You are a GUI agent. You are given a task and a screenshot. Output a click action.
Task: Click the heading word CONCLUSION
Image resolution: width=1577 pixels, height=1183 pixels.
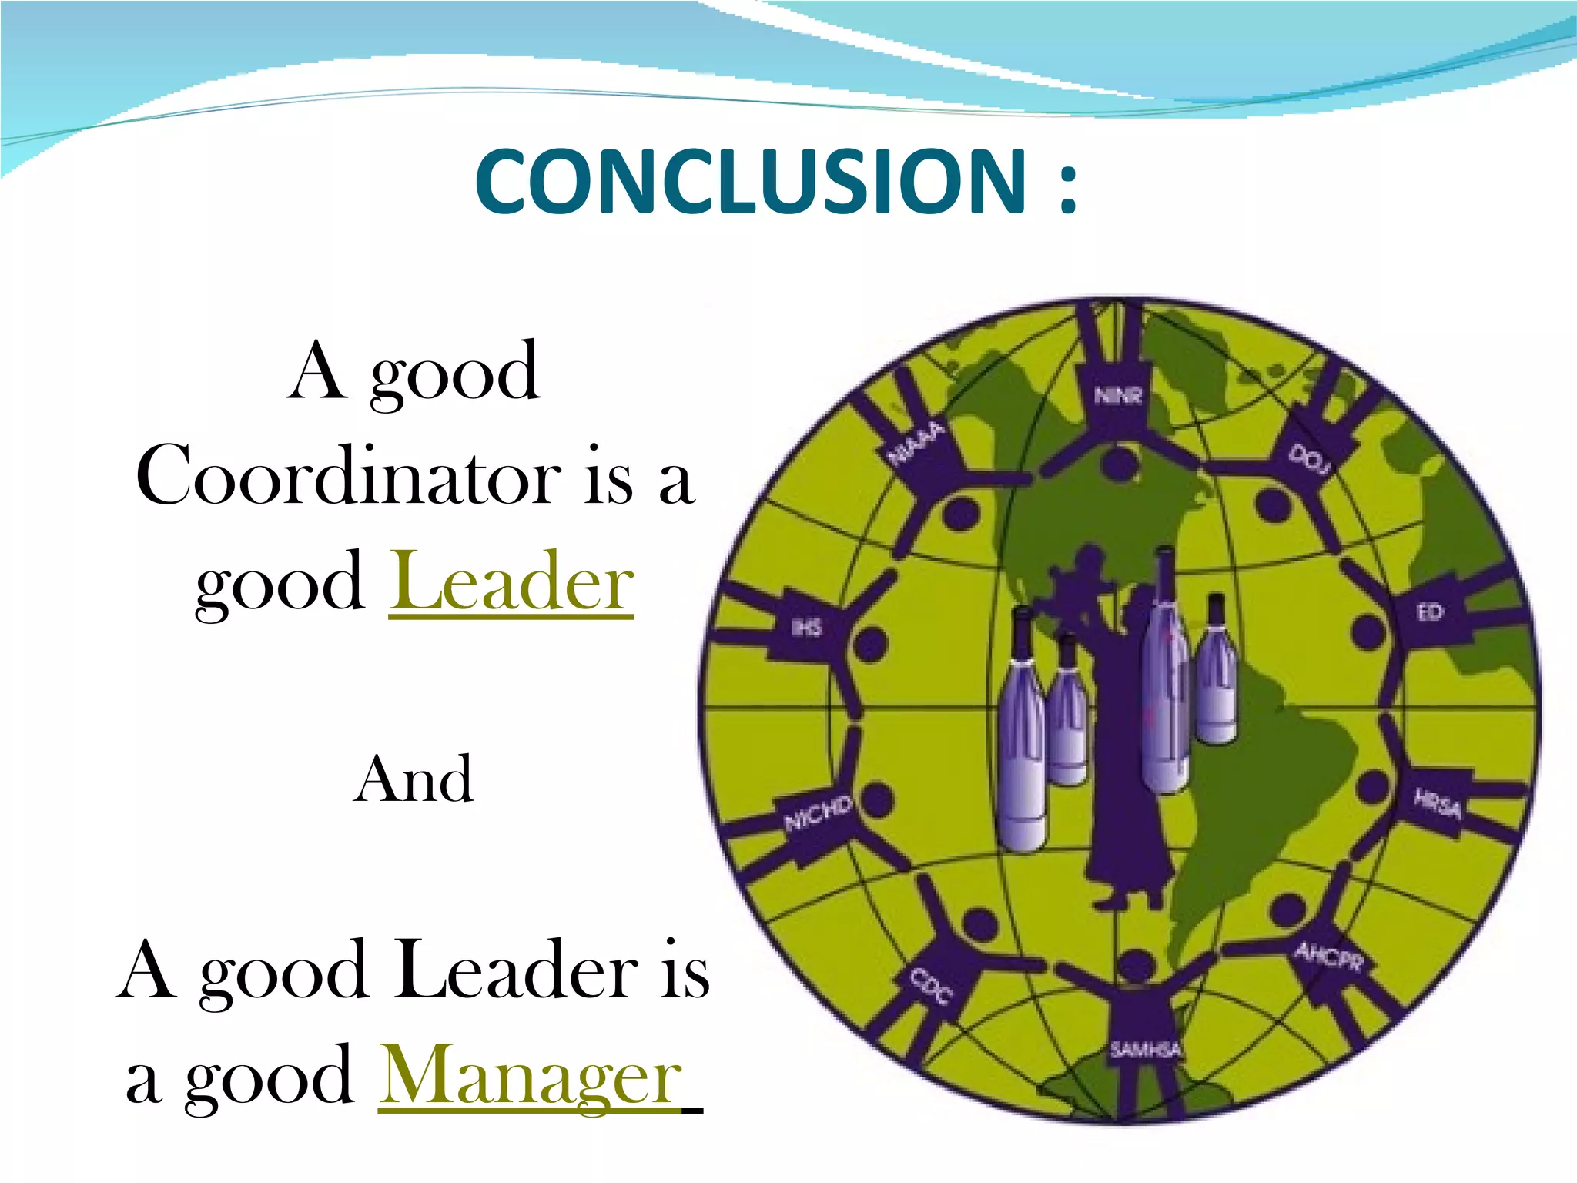[751, 182]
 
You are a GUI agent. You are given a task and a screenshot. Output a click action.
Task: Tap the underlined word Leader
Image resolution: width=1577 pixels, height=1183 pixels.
[511, 582]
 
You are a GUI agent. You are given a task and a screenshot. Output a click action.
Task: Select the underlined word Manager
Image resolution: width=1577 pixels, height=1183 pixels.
[531, 1075]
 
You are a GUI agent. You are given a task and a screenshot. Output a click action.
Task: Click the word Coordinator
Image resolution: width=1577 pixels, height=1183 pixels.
[348, 476]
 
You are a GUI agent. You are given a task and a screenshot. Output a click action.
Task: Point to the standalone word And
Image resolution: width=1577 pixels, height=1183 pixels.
[414, 779]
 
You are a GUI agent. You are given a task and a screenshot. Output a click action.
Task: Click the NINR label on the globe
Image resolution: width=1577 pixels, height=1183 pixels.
[1118, 396]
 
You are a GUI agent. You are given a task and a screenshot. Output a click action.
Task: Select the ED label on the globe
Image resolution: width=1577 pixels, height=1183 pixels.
[1429, 612]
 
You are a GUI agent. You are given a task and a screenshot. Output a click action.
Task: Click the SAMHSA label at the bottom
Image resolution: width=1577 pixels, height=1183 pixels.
[1145, 1049]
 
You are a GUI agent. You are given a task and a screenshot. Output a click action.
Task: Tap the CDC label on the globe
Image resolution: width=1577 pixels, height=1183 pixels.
[932, 987]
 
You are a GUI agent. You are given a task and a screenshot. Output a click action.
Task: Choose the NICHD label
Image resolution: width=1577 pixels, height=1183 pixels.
[818, 813]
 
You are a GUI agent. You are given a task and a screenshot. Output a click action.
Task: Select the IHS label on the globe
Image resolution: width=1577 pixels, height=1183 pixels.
[807, 628]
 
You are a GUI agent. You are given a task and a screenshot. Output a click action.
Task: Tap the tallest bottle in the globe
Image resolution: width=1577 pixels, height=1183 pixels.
[1164, 678]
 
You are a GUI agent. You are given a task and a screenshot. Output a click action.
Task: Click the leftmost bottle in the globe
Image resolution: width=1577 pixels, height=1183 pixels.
[1023, 732]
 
